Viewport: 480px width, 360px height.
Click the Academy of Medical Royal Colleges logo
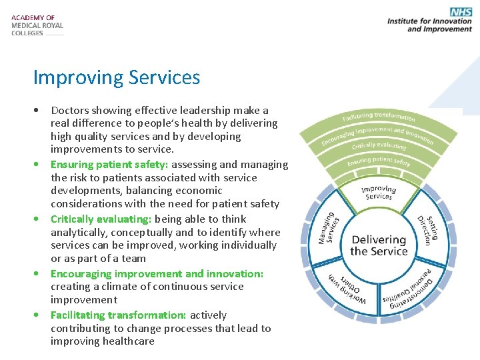37,25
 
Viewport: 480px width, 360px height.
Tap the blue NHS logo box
461,11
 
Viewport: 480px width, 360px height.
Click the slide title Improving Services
117,77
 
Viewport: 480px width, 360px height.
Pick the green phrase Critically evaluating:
101,219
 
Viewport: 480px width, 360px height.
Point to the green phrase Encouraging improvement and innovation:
157,274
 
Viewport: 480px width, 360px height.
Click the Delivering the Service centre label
379,245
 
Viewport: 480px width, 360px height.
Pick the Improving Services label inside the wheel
378,193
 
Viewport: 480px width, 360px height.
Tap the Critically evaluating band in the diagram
379,145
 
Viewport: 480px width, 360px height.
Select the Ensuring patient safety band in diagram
379,161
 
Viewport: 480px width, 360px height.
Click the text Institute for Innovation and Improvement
429,25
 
